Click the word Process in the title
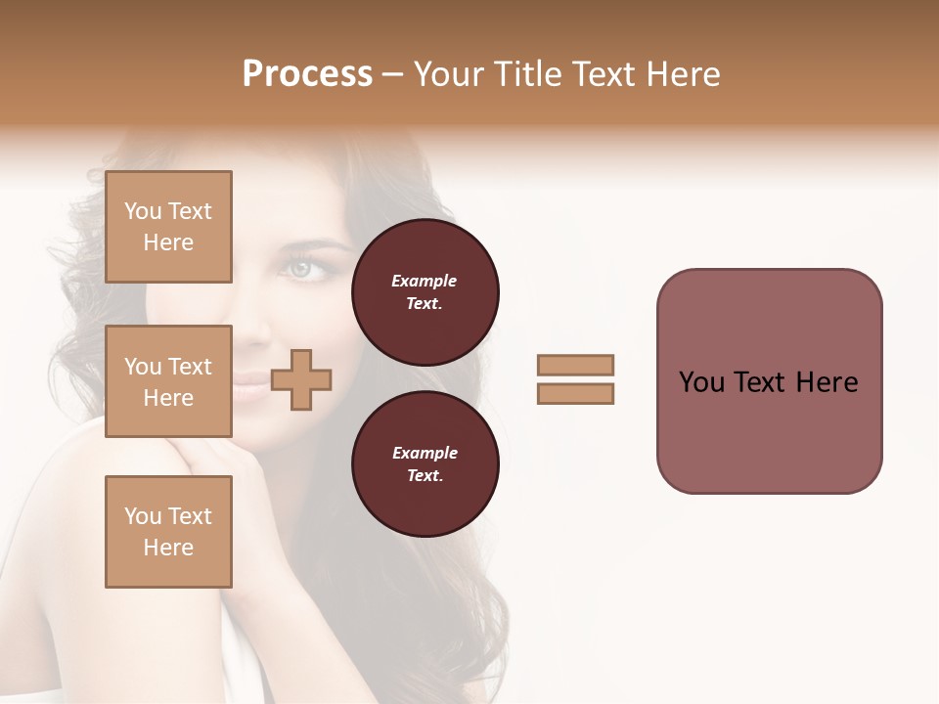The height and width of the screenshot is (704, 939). [307, 74]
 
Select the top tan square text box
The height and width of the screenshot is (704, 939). [168, 227]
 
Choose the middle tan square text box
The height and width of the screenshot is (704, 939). [168, 381]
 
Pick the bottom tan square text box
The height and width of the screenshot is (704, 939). [168, 532]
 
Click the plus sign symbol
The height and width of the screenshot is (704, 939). [301, 380]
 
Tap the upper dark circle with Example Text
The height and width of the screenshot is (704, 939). [425, 292]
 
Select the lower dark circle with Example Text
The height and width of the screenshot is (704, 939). [425, 464]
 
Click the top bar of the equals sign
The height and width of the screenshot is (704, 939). [575, 365]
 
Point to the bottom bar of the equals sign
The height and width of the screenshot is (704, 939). [575, 394]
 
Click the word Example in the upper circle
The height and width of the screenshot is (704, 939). [425, 281]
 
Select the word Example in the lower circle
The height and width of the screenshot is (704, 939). [425, 453]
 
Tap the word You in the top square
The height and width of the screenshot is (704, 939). [142, 211]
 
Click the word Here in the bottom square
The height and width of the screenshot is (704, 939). [168, 548]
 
